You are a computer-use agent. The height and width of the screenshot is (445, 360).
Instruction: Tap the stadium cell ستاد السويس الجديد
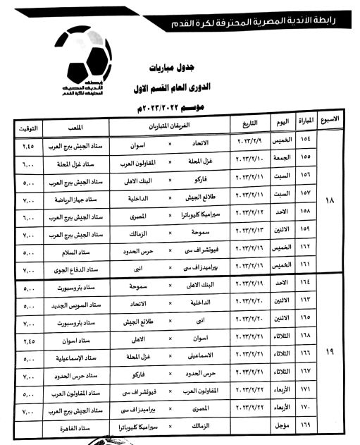pyautogui.click(x=75, y=305)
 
